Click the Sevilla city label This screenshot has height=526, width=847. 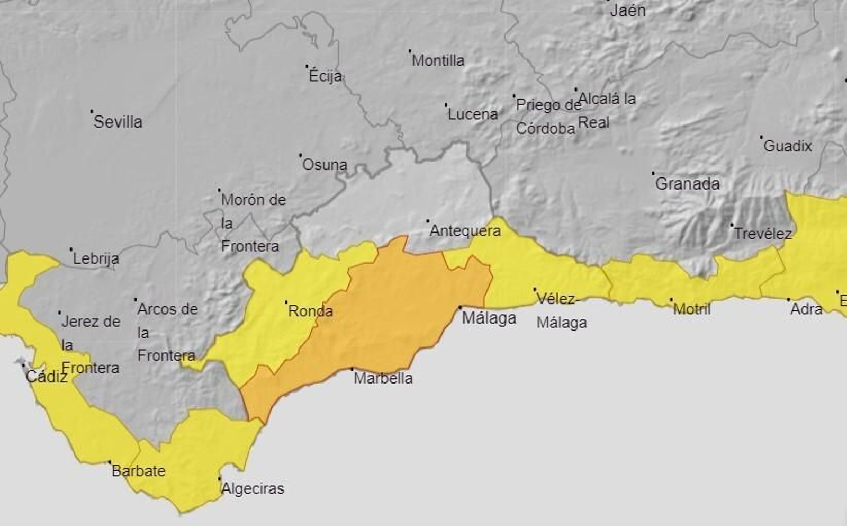(x=118, y=122)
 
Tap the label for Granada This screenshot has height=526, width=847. (x=687, y=184)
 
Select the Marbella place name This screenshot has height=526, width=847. (x=383, y=378)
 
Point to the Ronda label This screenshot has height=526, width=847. (x=310, y=311)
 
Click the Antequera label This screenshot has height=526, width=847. (x=465, y=231)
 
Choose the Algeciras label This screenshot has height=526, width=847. (x=253, y=488)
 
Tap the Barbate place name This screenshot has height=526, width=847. (x=138, y=471)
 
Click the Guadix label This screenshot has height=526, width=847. (x=787, y=146)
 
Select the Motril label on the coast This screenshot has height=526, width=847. (x=691, y=309)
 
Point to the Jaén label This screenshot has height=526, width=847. (x=627, y=11)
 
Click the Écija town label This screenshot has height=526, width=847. (x=325, y=76)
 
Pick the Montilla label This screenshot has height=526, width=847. (x=438, y=61)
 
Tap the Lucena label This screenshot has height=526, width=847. (x=472, y=114)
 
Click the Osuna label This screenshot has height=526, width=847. (x=325, y=165)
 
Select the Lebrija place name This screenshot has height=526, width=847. (x=96, y=259)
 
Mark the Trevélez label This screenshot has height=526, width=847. (x=762, y=234)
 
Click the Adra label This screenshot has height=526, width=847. (x=806, y=309)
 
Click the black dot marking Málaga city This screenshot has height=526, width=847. (x=460, y=307)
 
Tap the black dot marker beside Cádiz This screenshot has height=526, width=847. (x=23, y=365)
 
